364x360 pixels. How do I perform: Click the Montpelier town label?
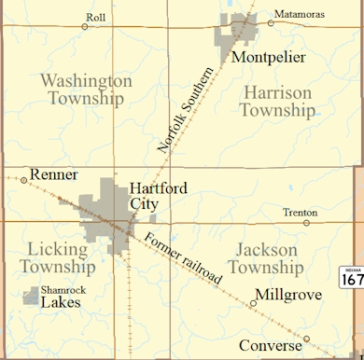[x=268, y=58]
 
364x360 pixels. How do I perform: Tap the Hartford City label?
[x=158, y=196]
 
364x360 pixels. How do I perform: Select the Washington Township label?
[x=87, y=90]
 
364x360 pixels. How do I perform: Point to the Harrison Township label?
[x=277, y=101]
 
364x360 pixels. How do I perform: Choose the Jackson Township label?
[x=267, y=259]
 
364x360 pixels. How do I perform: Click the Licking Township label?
[x=63, y=258]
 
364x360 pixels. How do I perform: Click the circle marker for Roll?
[x=85, y=26]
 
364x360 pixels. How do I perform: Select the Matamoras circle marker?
[x=271, y=15]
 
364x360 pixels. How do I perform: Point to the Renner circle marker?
[x=24, y=180]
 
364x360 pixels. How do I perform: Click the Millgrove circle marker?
[x=253, y=302]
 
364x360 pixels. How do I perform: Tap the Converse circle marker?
[x=306, y=338]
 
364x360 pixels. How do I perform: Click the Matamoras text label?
[x=302, y=14]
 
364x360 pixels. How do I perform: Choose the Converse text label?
[x=270, y=345]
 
